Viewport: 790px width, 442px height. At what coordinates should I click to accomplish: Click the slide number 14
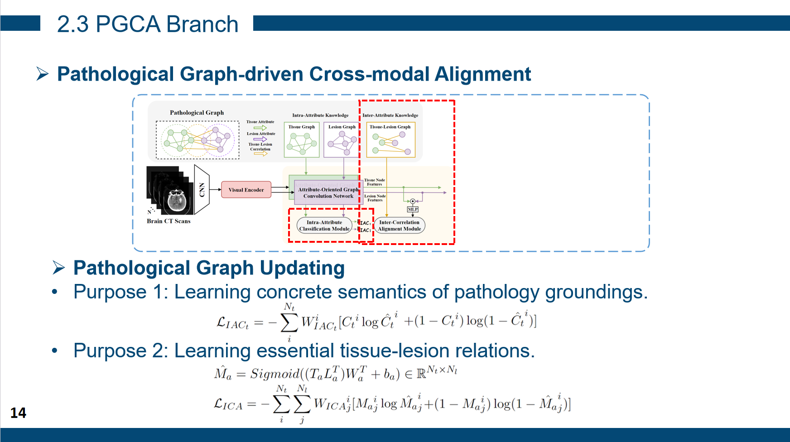(18, 413)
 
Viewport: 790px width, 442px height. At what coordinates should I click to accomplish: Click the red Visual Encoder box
(246, 190)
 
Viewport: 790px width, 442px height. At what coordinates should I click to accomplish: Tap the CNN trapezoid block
(202, 190)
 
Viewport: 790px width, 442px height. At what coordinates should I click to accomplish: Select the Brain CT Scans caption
(169, 221)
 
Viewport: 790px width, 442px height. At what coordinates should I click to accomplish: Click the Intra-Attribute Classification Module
(324, 226)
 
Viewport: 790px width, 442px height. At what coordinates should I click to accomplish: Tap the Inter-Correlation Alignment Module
(399, 226)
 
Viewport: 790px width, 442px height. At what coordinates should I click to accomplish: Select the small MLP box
(413, 209)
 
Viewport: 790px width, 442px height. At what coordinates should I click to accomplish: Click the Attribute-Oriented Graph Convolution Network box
(328, 192)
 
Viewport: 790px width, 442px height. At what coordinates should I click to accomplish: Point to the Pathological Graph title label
(197, 112)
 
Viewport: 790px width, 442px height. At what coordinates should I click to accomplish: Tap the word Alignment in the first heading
(482, 74)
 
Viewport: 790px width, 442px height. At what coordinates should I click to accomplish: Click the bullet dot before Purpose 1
(55, 292)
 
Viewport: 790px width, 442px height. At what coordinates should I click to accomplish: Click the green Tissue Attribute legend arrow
(260, 128)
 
